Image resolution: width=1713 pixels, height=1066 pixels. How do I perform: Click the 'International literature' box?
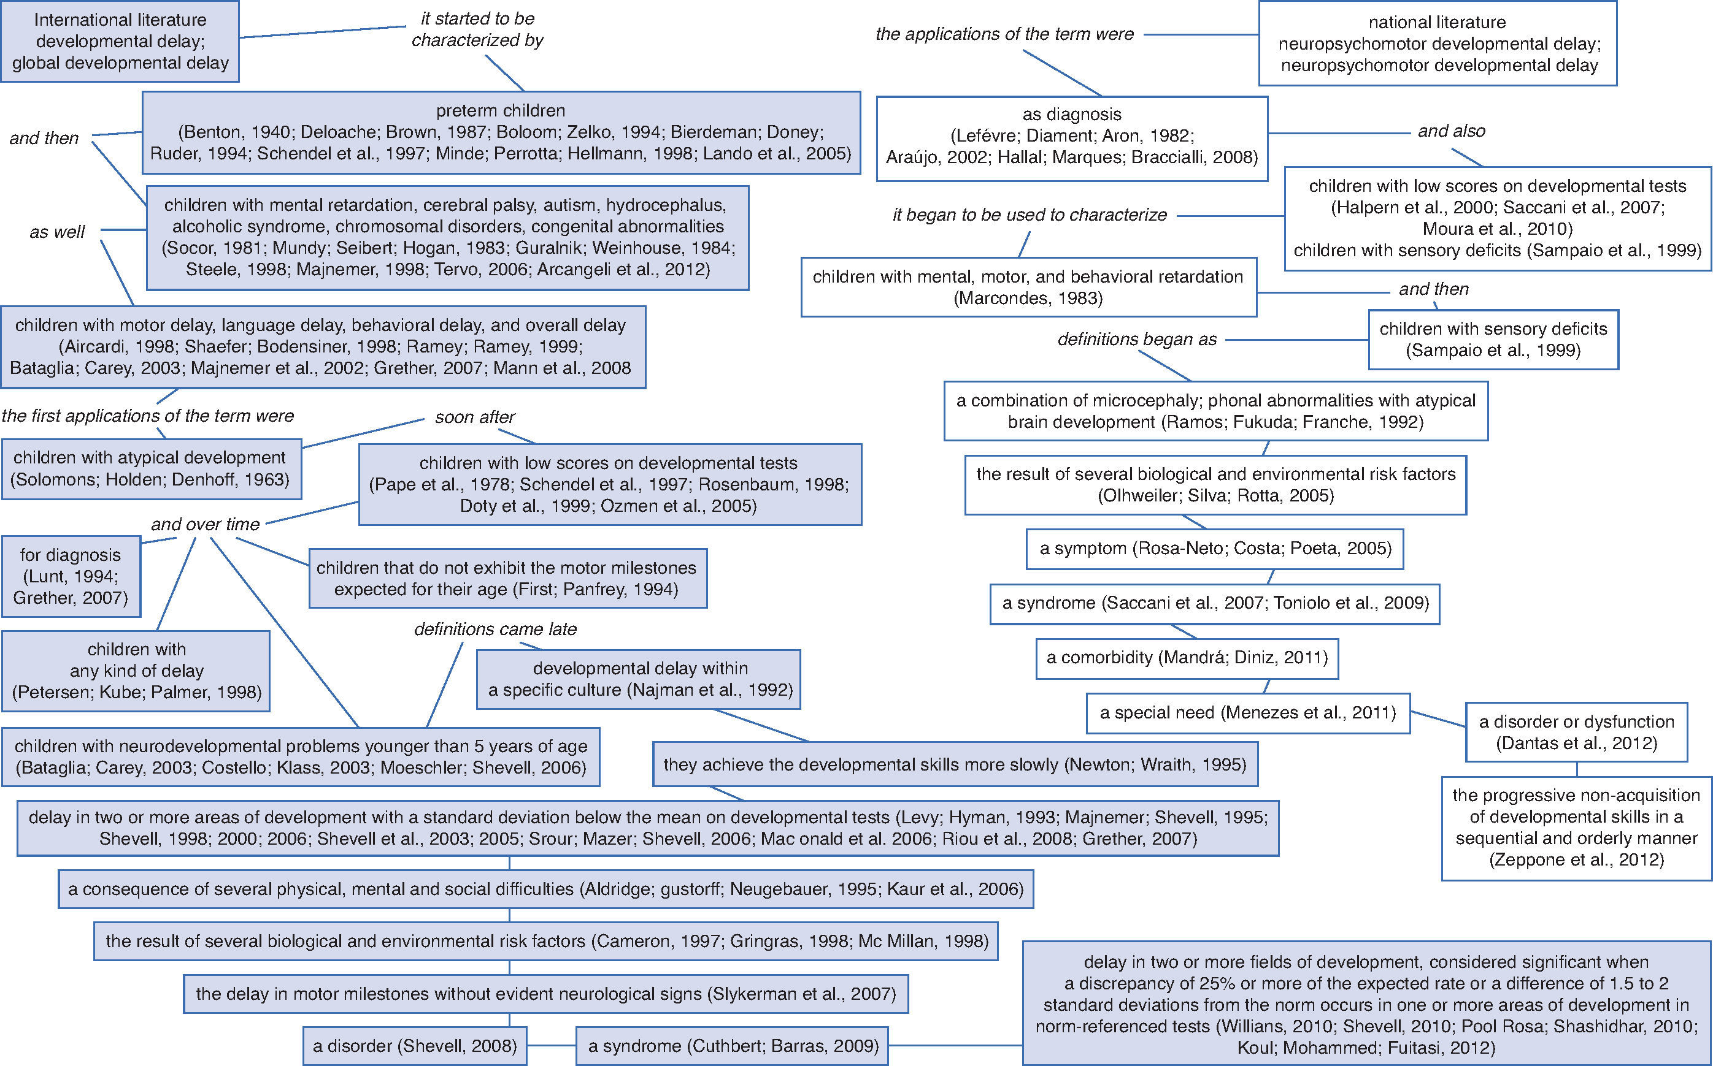point(120,42)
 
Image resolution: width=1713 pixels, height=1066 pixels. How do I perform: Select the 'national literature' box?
point(1437,44)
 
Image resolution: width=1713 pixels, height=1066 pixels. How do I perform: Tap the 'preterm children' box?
point(501,132)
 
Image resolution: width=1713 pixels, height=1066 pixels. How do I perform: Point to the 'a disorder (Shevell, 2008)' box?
point(415,1046)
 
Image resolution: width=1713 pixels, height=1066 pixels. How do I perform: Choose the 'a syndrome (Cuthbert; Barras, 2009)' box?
point(733,1046)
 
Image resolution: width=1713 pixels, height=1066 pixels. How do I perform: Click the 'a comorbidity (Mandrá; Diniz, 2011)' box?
point(1187,658)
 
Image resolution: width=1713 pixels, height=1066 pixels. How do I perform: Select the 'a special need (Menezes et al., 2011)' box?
point(1247,713)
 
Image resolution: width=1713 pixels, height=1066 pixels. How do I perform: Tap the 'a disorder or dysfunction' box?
point(1576,732)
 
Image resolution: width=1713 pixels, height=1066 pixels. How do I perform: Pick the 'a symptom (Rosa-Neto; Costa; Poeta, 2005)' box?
point(1215,549)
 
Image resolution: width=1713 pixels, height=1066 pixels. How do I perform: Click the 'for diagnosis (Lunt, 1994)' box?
point(71,576)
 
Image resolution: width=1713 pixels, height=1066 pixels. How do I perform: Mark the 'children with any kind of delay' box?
point(136,671)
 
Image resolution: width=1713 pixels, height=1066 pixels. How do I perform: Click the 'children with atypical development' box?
point(150,468)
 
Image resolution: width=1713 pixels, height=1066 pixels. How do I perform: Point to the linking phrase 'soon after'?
point(475,417)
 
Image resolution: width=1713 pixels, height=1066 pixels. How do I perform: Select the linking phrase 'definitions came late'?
point(495,629)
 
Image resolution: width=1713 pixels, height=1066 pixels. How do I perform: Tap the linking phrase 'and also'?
point(1451,131)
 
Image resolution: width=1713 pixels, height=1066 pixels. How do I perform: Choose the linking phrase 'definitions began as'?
point(1137,340)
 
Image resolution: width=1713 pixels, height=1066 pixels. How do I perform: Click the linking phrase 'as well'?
point(57,232)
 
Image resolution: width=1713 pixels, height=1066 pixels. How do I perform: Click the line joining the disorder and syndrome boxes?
point(551,1046)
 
